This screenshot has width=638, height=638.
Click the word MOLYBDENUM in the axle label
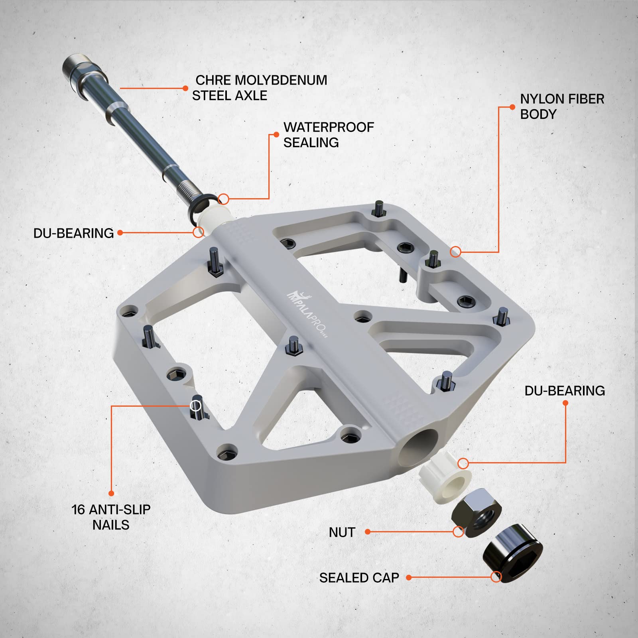tap(281, 80)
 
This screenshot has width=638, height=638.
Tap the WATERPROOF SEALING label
tap(329, 135)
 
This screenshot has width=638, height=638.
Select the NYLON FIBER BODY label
tap(562, 106)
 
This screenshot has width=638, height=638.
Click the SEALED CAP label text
tap(359, 578)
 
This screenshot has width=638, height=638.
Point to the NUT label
tap(342, 532)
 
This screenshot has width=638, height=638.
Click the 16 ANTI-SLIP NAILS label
tap(111, 517)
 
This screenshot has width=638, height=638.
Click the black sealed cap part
tap(513, 553)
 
